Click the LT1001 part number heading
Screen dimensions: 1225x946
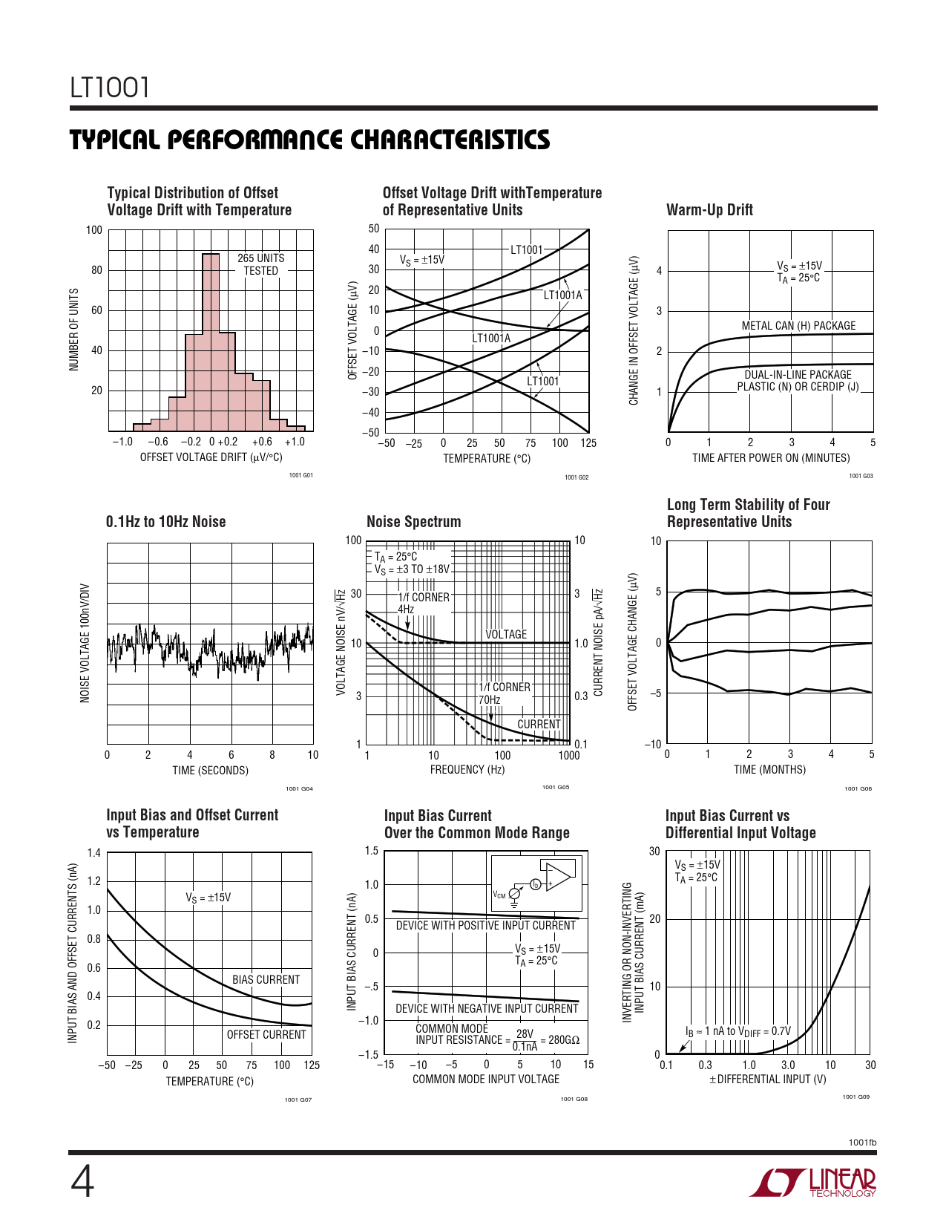[x=110, y=88]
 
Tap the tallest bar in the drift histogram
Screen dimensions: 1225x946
[x=211, y=342]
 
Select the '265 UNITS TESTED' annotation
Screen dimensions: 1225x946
[x=260, y=264]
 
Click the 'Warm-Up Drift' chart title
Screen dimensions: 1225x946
[x=709, y=210]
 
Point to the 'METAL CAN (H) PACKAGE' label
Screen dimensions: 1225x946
[x=798, y=326]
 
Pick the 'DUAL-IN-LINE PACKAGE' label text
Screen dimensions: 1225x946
[x=798, y=375]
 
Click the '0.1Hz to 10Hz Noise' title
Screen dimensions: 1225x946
[x=165, y=522]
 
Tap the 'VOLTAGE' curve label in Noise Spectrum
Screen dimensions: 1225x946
[x=506, y=634]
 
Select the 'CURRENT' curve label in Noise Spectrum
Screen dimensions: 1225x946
[x=539, y=724]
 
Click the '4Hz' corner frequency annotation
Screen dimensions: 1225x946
[x=406, y=610]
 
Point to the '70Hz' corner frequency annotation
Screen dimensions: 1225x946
[x=489, y=699]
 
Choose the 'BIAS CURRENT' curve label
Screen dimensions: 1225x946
[x=266, y=980]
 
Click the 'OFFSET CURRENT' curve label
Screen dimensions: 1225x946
[x=266, y=1035]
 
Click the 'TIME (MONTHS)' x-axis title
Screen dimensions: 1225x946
[x=769, y=770]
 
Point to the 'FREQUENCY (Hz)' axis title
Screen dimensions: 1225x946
[x=467, y=770]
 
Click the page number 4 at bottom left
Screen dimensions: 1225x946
[x=82, y=1182]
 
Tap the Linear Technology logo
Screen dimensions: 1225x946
[x=812, y=1182]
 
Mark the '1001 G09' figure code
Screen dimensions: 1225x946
[x=855, y=1097]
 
